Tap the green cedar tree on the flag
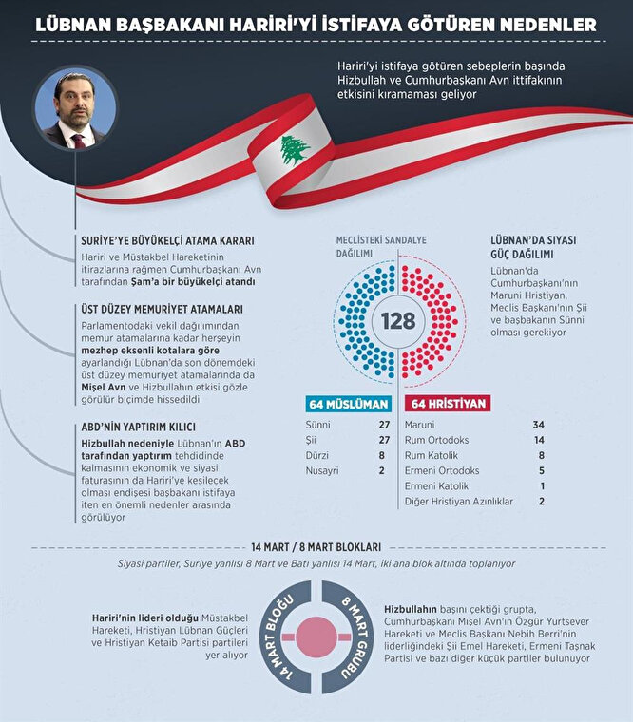[295, 149]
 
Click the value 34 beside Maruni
[540, 423]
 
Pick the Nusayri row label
[322, 470]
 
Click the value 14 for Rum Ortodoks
[540, 439]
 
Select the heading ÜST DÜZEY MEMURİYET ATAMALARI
[161, 310]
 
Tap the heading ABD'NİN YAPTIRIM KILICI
[144, 427]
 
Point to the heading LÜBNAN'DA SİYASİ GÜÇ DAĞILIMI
[533, 248]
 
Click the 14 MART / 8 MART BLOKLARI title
[316, 547]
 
